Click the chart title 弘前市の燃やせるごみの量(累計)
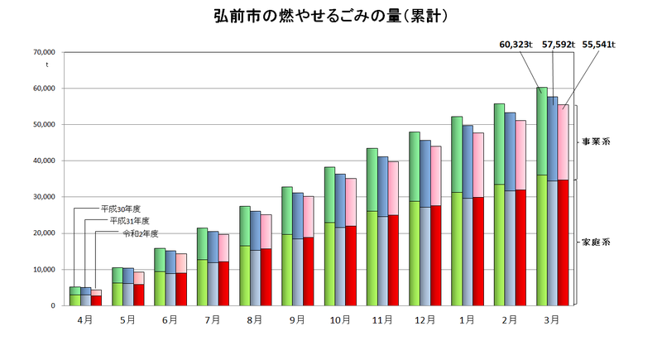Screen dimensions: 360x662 point(332,16)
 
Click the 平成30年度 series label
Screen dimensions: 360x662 point(120,209)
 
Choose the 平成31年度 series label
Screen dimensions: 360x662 point(129,221)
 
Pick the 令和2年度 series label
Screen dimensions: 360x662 point(140,233)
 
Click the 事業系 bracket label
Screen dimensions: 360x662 point(596,142)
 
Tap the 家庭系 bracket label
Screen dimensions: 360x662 point(596,242)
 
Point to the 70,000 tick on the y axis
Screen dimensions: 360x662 point(41,52)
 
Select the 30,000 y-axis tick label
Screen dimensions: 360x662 point(41,197)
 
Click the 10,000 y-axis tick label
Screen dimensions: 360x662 point(41,270)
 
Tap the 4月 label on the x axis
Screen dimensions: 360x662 point(85,319)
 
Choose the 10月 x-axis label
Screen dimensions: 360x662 point(341,319)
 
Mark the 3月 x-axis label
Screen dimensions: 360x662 point(552,319)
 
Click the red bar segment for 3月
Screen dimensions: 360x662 point(563,242)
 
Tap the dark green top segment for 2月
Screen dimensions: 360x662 point(499,144)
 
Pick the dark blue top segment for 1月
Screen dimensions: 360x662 point(468,161)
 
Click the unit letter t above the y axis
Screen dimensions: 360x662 point(47,65)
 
